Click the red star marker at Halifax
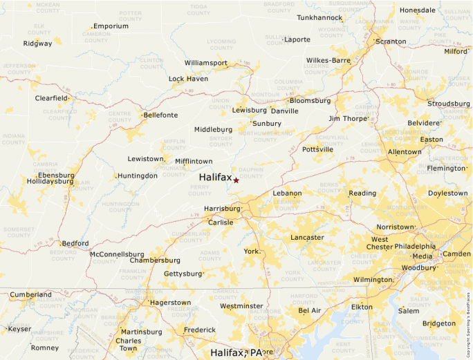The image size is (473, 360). [236, 180]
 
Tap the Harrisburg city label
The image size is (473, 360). [221, 208]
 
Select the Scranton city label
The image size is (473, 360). [391, 41]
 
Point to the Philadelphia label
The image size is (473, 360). [415, 246]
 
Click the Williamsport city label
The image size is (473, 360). [206, 63]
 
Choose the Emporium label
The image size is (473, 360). [111, 26]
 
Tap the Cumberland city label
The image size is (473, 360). [30, 295]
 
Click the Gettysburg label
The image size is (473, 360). [183, 274]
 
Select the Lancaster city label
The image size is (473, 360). [307, 238]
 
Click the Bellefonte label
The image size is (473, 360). [160, 115]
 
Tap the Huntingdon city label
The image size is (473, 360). [138, 176]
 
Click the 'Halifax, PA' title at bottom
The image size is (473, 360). [236, 353]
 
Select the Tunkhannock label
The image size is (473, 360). [319, 18]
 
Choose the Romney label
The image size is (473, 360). [45, 348]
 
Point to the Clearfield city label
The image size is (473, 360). [52, 98]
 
